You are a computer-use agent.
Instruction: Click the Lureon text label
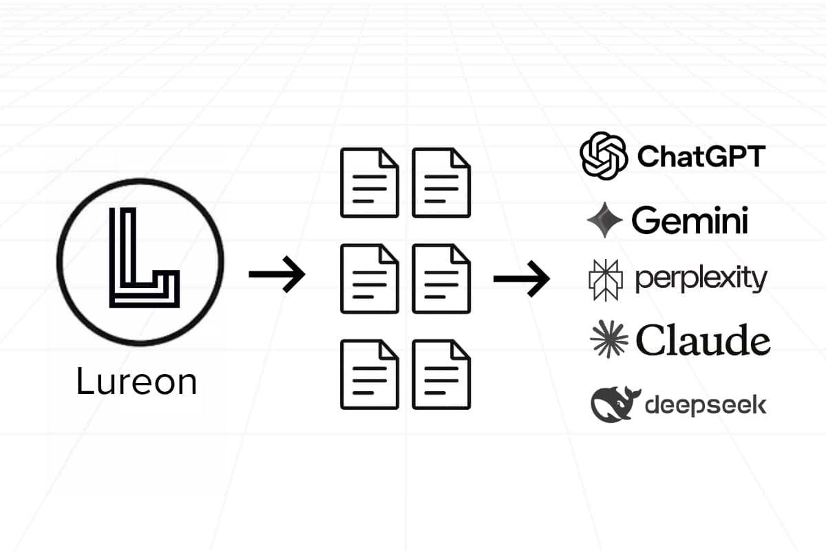click(x=136, y=381)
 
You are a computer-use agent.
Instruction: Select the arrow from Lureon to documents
click(x=277, y=274)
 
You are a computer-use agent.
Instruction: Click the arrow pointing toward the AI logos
click(x=522, y=278)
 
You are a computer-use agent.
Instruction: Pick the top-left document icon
click(x=370, y=183)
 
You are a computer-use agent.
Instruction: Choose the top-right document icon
click(x=441, y=183)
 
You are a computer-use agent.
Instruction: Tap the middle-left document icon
click(x=370, y=279)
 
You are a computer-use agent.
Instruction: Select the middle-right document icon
click(x=441, y=279)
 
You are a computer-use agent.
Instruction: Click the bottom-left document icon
click(x=370, y=374)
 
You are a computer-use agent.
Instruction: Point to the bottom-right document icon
click(x=441, y=374)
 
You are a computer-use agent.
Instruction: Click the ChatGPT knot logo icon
click(x=604, y=156)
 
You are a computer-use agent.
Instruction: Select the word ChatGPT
click(x=701, y=156)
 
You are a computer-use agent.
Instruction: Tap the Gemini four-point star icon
click(x=605, y=220)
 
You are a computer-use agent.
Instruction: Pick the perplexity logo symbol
click(x=606, y=280)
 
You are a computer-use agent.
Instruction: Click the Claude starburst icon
click(x=609, y=340)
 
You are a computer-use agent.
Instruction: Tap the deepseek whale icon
click(x=615, y=404)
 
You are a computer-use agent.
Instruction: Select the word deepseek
click(x=705, y=405)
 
